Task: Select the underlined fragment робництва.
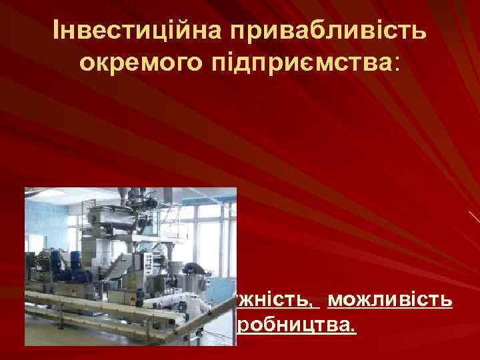pyautogui.click(x=296, y=326)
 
